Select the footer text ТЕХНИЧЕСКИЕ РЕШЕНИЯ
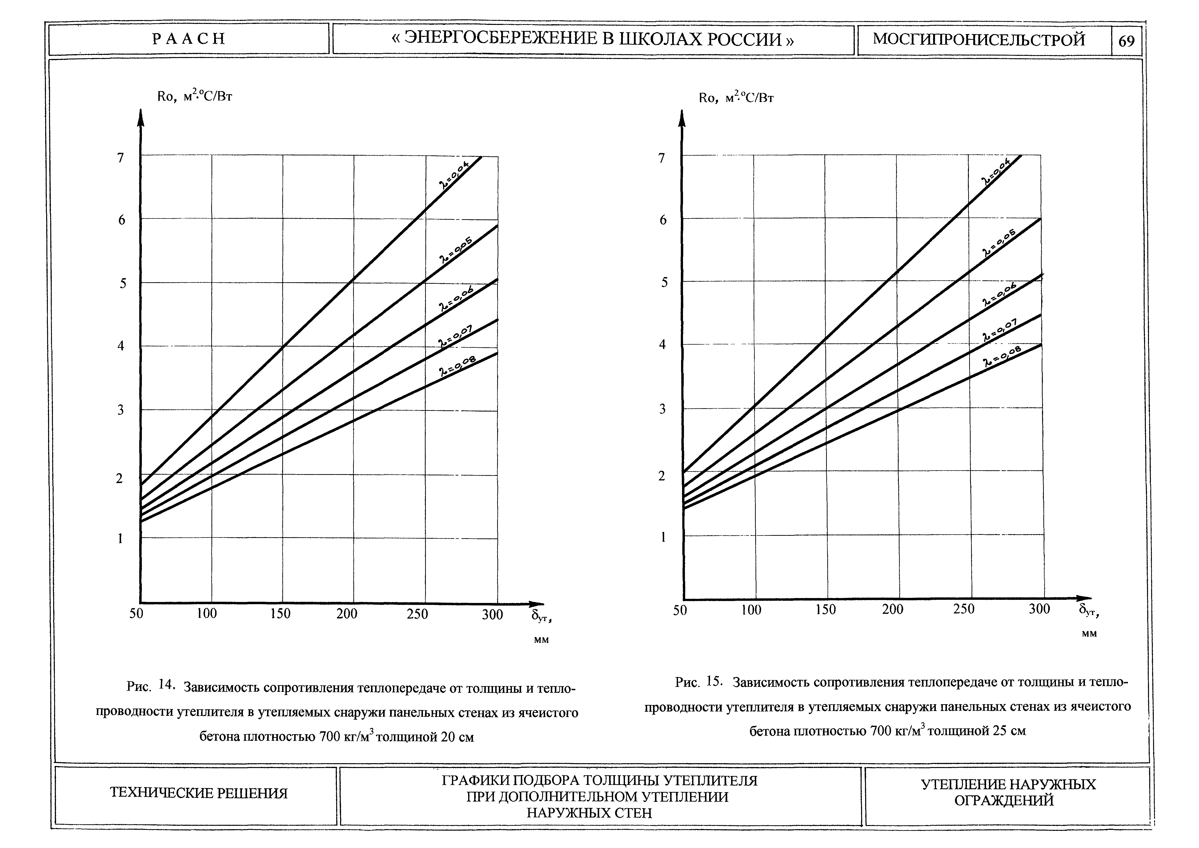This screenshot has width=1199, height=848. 198,793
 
